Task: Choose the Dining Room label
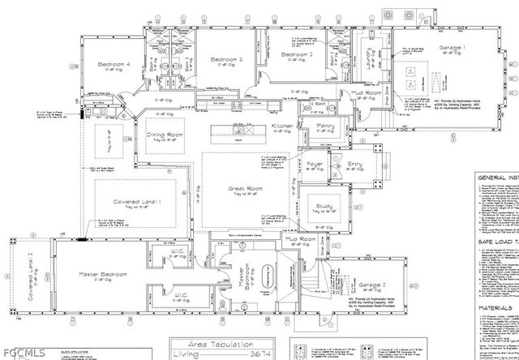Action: (165, 135)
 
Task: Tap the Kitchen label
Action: (282, 126)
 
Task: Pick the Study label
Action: (324, 207)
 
